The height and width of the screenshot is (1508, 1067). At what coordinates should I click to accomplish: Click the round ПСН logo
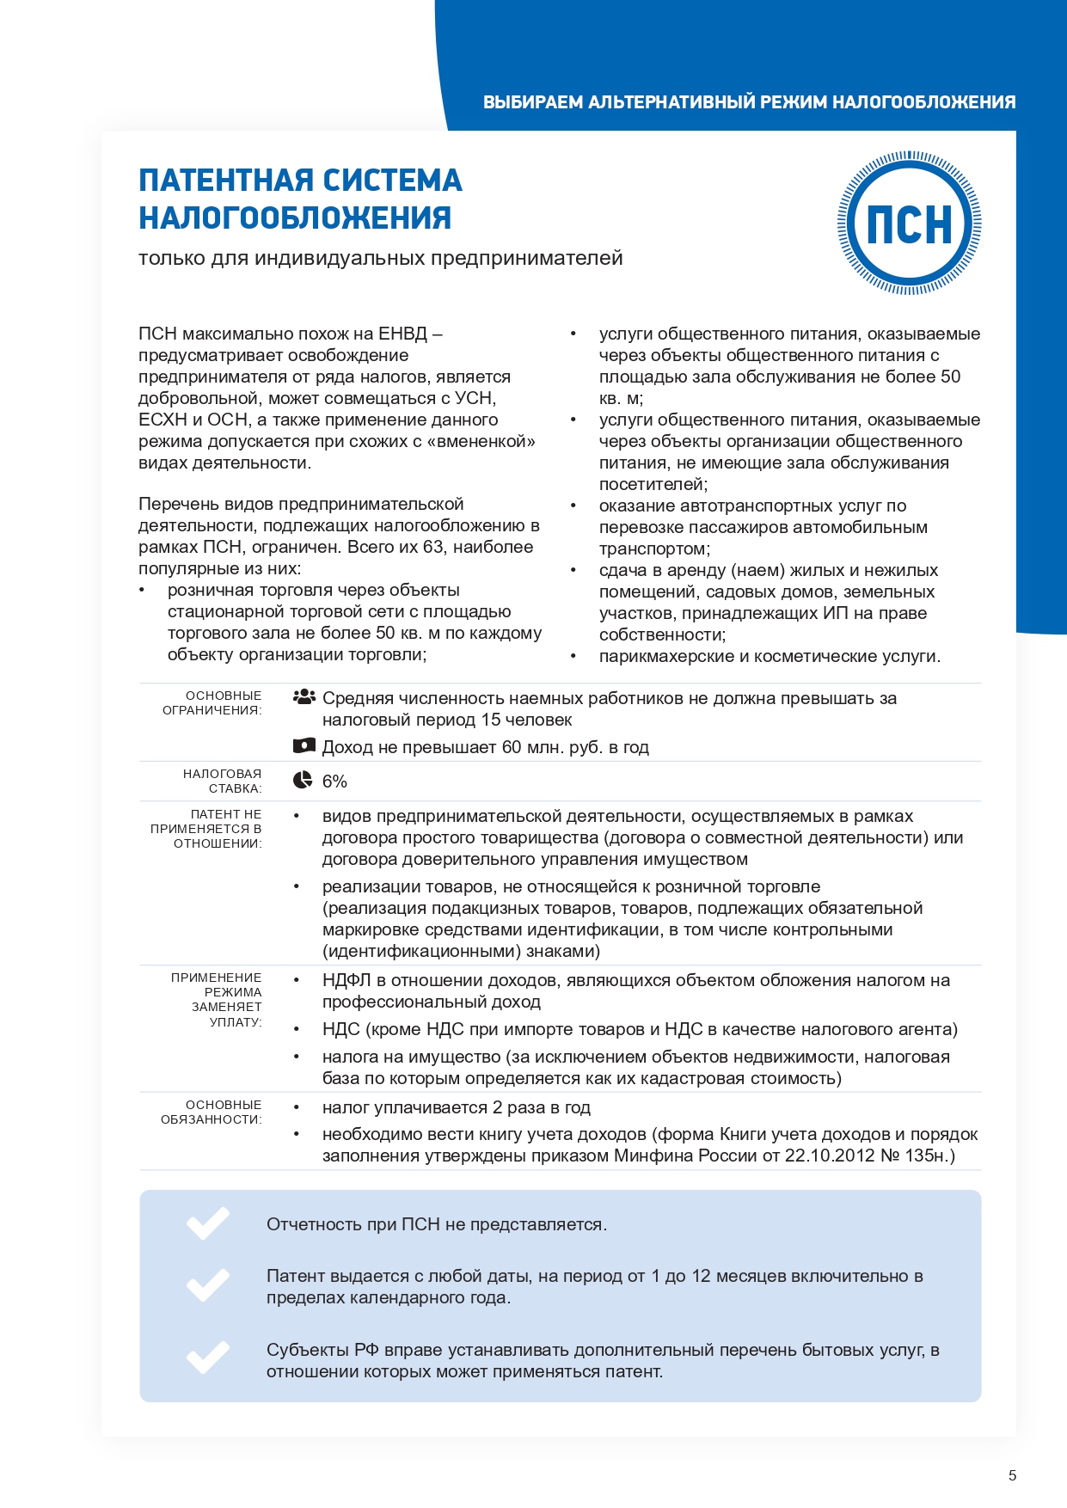[910, 224]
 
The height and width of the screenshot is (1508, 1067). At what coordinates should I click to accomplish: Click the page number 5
[1012, 1475]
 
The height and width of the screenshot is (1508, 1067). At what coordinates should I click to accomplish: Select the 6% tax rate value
[334, 782]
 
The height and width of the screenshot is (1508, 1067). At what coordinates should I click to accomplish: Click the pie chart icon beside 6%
[303, 780]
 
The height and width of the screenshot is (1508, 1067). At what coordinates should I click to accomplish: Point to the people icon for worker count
[304, 697]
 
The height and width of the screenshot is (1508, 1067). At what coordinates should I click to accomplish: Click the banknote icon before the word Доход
[304, 745]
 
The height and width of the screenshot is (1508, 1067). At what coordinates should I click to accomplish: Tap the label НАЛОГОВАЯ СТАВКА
[222, 781]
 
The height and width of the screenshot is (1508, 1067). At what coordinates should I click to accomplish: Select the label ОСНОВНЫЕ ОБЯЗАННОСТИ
[212, 1112]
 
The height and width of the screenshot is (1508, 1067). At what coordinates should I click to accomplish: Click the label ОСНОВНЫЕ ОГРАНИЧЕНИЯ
[212, 702]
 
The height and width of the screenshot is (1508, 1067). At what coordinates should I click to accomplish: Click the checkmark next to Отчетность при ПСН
[208, 1223]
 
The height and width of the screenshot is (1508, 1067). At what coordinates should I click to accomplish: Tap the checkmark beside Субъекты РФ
[208, 1358]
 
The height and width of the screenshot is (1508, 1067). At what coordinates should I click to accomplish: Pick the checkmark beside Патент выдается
[208, 1284]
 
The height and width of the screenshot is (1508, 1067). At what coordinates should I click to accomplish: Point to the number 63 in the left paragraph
[433, 547]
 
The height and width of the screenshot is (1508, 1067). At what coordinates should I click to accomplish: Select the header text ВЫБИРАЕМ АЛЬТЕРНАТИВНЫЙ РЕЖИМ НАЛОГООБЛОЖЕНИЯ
[749, 102]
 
